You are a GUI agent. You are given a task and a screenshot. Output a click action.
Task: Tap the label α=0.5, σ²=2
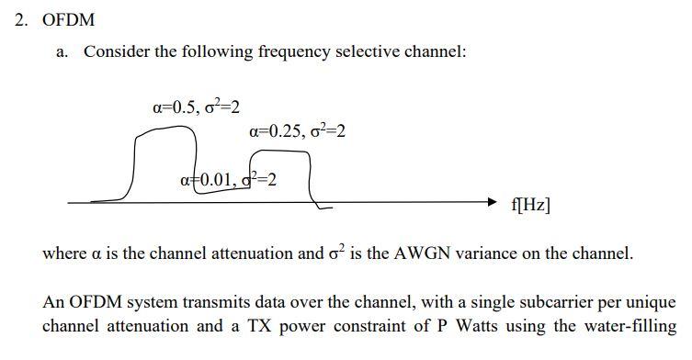tap(196, 107)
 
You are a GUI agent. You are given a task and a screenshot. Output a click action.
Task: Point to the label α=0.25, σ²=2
tap(297, 131)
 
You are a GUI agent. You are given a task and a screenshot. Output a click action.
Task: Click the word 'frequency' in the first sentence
tap(291, 51)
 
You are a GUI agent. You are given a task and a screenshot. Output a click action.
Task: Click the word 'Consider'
tap(116, 51)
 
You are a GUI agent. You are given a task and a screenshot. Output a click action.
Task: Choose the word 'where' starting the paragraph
tap(65, 253)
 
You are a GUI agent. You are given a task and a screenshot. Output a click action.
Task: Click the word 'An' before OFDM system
tap(54, 302)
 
